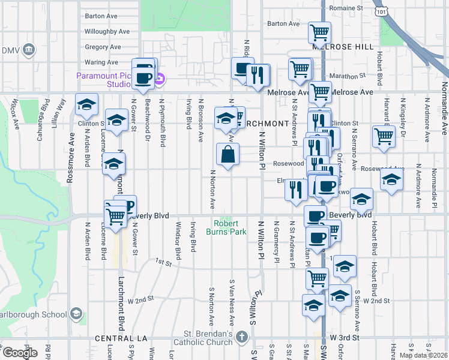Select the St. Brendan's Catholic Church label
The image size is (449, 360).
[209, 338]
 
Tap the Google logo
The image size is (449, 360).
[19, 353]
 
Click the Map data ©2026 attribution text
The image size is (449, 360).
[423, 355]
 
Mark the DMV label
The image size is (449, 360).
[10, 50]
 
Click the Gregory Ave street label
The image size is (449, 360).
[103, 47]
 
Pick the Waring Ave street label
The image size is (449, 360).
[101, 62]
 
